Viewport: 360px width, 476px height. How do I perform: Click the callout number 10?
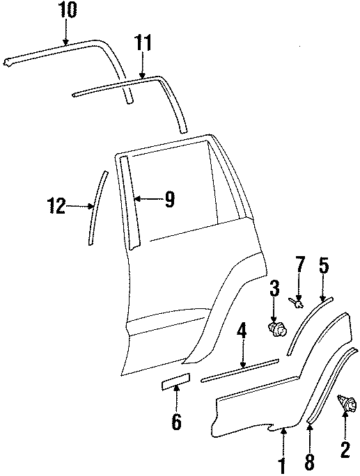(x=68, y=10)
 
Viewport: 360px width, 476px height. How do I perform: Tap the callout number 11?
(x=143, y=43)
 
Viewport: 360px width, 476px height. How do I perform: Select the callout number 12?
(x=56, y=205)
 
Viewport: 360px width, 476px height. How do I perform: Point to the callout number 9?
(x=169, y=199)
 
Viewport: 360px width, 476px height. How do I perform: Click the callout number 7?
(x=299, y=264)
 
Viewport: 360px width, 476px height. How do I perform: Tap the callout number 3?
(x=274, y=288)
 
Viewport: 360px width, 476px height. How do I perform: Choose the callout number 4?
(x=242, y=335)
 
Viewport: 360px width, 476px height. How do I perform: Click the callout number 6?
(x=176, y=421)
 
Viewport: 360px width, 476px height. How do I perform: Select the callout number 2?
(x=345, y=450)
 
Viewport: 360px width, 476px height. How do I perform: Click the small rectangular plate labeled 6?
(x=175, y=381)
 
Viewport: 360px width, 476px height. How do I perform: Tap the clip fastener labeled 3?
(x=276, y=329)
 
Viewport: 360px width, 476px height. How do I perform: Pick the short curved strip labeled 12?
(x=97, y=207)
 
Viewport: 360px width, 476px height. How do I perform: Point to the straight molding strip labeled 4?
(x=240, y=370)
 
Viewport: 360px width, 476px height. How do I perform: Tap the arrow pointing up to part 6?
(x=176, y=398)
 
